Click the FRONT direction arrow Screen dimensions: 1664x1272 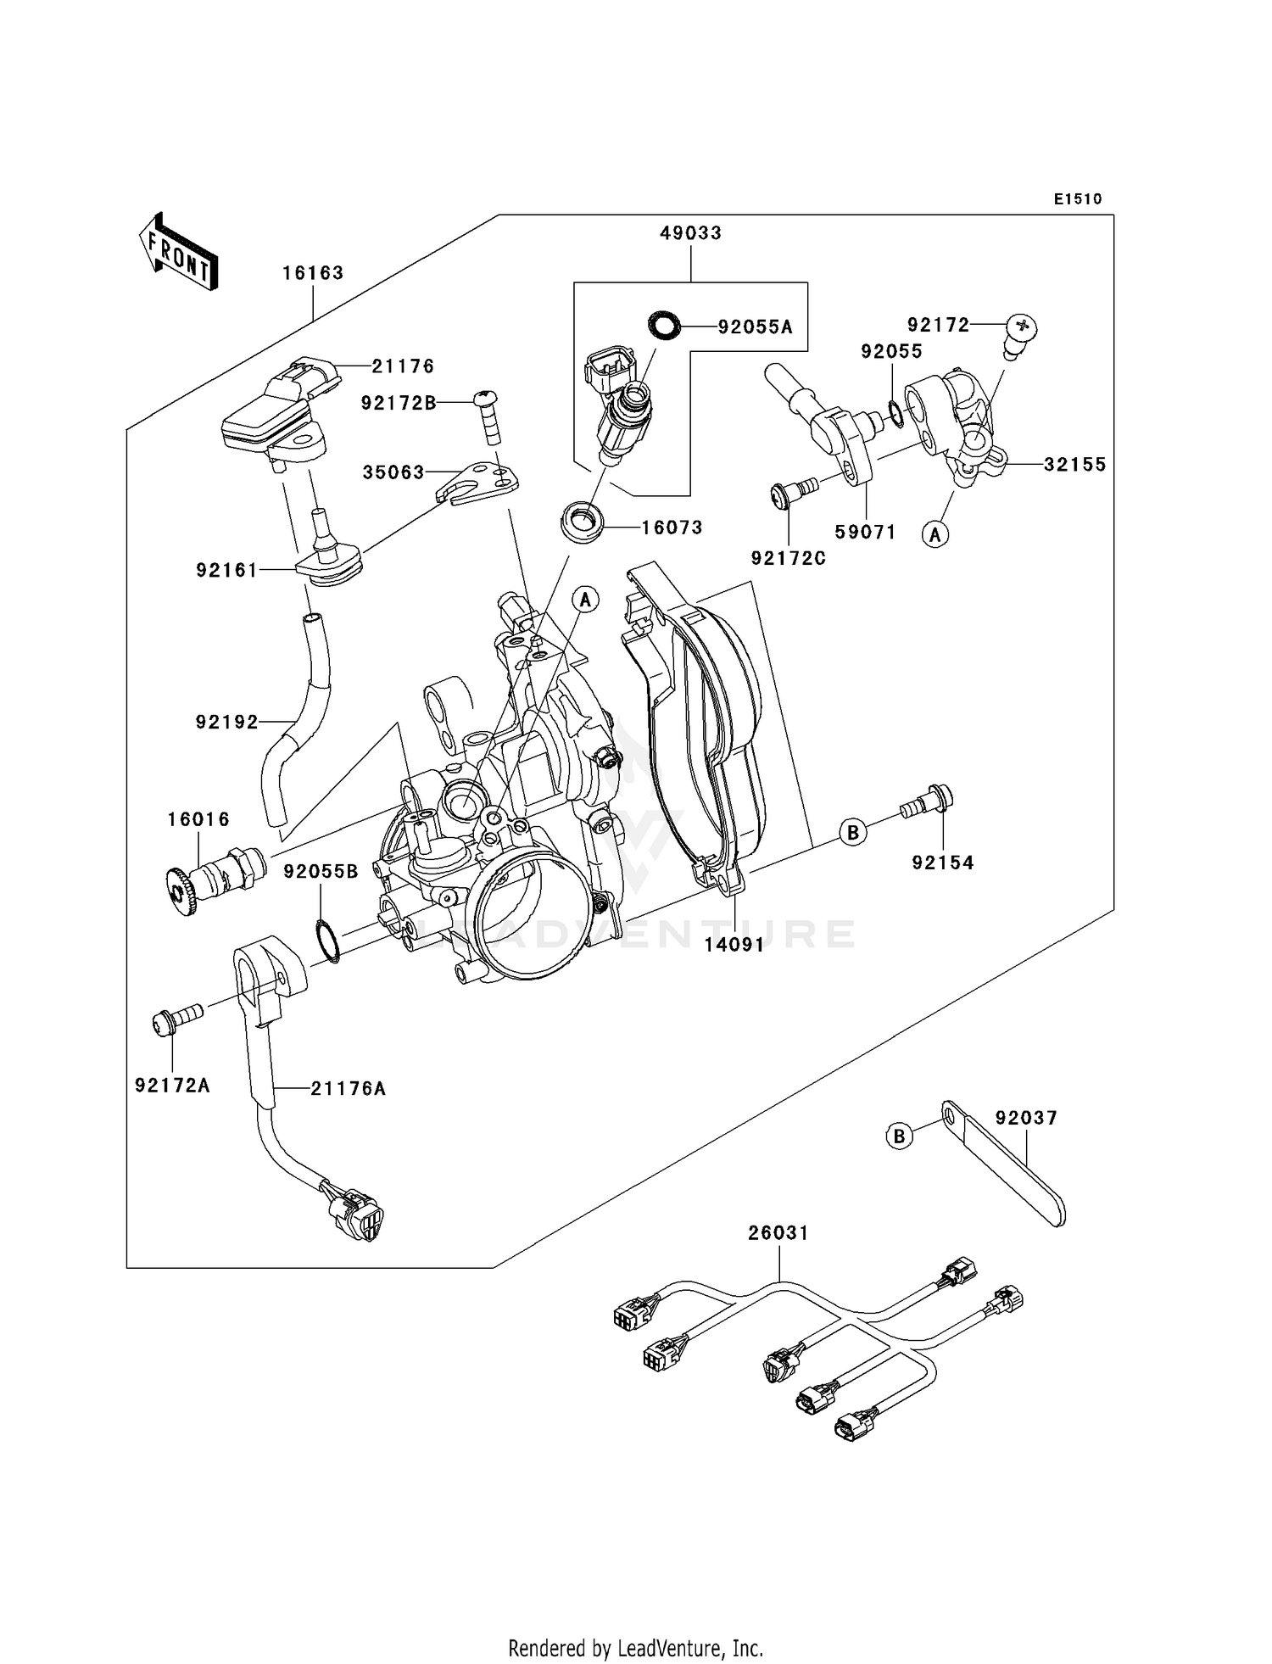tap(179, 253)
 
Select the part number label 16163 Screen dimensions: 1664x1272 tap(313, 273)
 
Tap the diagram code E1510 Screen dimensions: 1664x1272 tap(1078, 199)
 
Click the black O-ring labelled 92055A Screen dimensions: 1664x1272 tap(664, 325)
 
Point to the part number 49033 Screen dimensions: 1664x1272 tap(691, 233)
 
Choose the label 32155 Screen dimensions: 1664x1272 tap(1074, 465)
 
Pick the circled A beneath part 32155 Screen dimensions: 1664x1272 tap(935, 534)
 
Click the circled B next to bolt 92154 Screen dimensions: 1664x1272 tap(853, 832)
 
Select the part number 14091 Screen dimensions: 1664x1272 tap(734, 945)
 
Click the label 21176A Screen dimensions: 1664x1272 tap(348, 1089)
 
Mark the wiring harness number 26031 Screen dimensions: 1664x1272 tap(778, 1233)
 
